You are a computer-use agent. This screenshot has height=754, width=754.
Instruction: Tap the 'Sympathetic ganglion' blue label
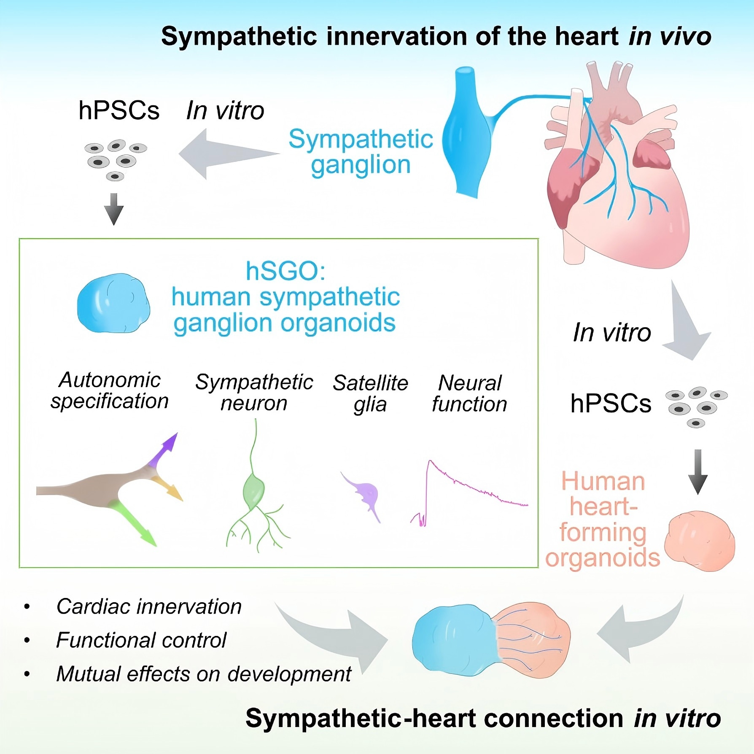[361, 152]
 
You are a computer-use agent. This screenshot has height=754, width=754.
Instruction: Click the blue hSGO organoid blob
[113, 303]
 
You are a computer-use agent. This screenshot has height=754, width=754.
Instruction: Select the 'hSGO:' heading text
[285, 271]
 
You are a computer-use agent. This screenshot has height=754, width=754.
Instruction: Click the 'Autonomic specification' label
[110, 390]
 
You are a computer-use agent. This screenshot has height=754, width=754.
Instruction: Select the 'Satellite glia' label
[370, 393]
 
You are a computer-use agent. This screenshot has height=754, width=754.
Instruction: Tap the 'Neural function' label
[469, 393]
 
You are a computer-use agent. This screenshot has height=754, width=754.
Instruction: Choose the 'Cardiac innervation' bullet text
[149, 606]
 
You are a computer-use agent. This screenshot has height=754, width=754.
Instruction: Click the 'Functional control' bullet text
[141, 640]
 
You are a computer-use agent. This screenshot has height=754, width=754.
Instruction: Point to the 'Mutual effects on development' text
[204, 674]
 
